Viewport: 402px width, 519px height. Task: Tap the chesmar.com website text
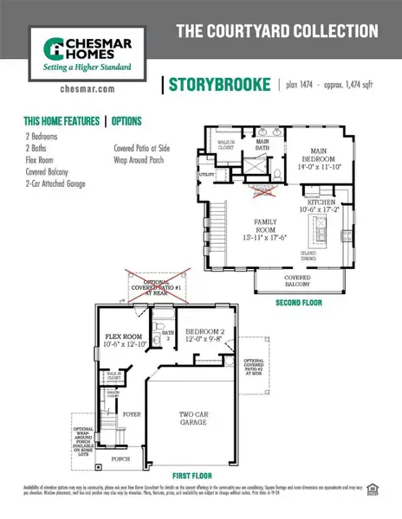tap(83, 87)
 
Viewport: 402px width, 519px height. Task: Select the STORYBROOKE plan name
tap(217, 84)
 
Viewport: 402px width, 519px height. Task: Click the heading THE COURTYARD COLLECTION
tap(277, 31)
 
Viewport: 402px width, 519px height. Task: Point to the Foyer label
tap(131, 414)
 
